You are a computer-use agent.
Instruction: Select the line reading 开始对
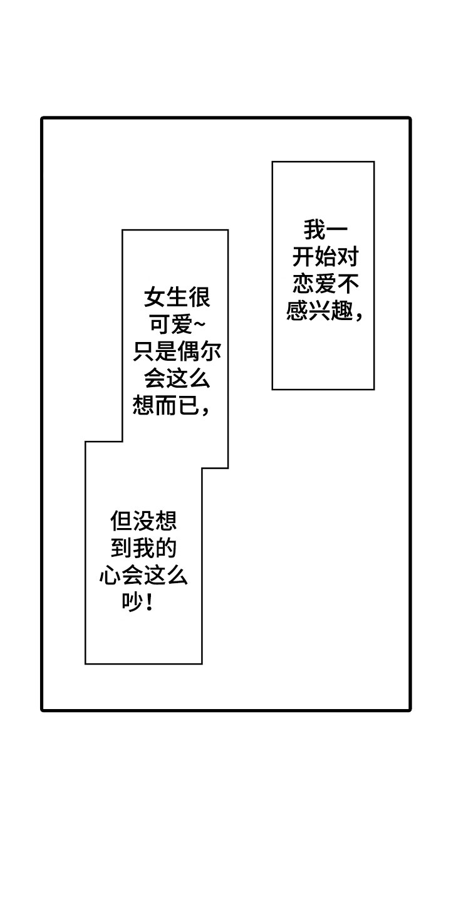pyautogui.click(x=325, y=257)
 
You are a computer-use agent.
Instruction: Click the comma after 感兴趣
pyautogui.click(x=359, y=315)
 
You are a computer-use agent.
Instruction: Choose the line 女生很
pyautogui.click(x=177, y=298)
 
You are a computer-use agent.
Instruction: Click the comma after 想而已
pyautogui.click(x=205, y=411)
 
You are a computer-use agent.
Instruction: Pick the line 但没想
pyautogui.click(x=143, y=521)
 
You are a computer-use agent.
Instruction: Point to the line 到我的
pyautogui.click(x=143, y=549)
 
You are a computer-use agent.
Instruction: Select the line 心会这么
pyautogui.click(x=143, y=576)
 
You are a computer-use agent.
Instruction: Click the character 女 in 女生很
pyautogui.click(x=155, y=298)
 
